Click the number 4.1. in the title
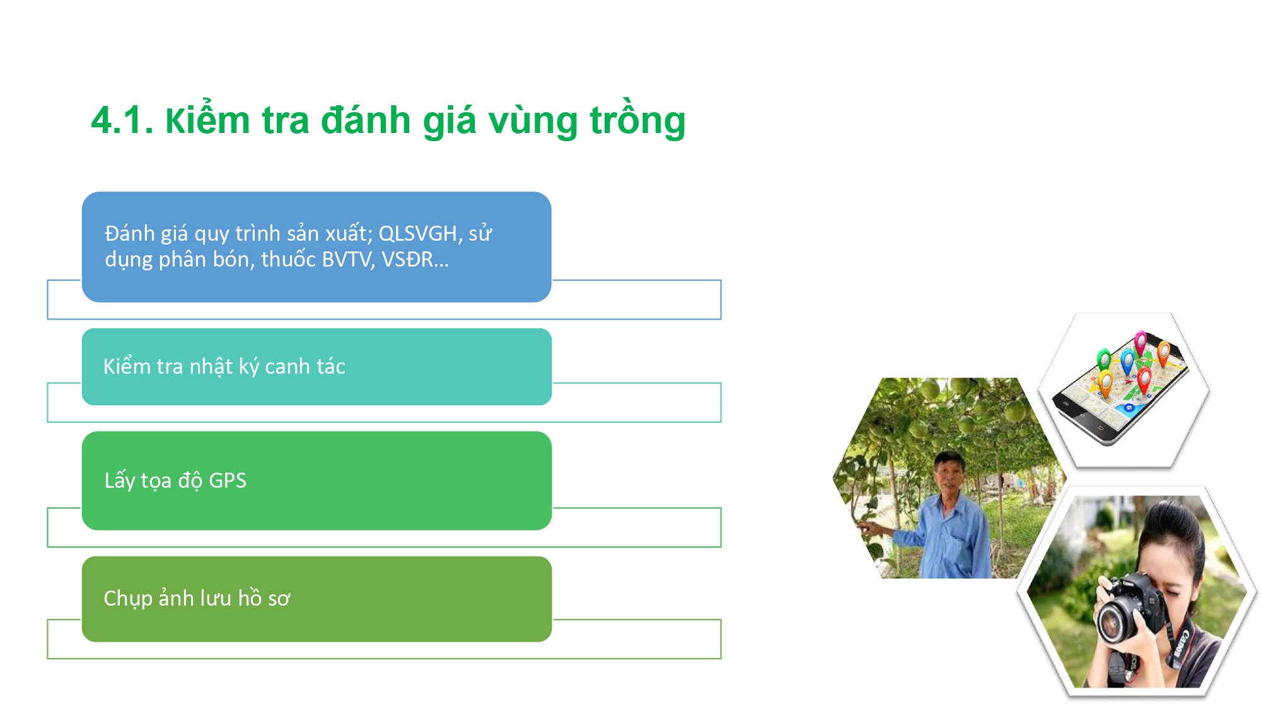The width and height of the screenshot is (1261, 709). pyautogui.click(x=122, y=120)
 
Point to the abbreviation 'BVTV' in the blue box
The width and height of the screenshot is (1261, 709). pyautogui.click(x=346, y=259)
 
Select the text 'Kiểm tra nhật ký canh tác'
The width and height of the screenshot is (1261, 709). pyautogui.click(x=224, y=366)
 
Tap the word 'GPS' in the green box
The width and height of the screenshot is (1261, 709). pyautogui.click(x=228, y=480)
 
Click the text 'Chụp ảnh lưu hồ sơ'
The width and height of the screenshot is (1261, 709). pyautogui.click(x=197, y=598)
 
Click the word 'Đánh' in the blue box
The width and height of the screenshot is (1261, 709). pyautogui.click(x=130, y=233)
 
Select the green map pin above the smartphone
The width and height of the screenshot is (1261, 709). pyautogui.click(x=1103, y=360)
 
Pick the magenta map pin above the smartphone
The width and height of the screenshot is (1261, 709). pyautogui.click(x=1141, y=342)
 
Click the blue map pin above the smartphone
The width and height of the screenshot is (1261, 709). pyautogui.click(x=1127, y=362)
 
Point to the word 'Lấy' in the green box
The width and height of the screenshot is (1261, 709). pyautogui.click(x=120, y=480)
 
